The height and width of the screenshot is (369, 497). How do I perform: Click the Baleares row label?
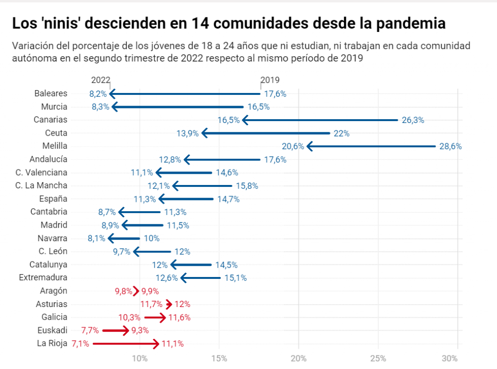tap(51, 93)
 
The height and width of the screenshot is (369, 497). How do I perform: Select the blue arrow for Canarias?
tap(320, 120)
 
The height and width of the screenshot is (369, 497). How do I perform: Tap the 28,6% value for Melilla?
tap(450, 146)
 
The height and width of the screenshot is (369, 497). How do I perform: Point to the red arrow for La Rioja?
tap(126, 344)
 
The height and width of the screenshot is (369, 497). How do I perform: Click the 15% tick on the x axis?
tap(219, 358)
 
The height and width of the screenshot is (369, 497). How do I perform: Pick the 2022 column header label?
tap(100, 80)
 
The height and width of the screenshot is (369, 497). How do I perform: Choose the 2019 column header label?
tap(270, 80)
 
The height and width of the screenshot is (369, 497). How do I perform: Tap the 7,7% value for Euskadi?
tap(90, 331)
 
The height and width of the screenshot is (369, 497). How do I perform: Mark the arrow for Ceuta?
tap(266, 133)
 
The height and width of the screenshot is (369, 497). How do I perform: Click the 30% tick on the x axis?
tap(450, 358)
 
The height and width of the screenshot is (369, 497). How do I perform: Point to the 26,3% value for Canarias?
tap(413, 120)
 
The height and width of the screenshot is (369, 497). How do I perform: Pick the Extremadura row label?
tap(43, 277)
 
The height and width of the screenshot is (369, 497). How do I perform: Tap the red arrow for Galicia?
tap(155, 318)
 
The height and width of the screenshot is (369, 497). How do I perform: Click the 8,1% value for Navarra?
tap(96, 238)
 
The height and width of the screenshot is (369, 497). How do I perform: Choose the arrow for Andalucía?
tap(222, 159)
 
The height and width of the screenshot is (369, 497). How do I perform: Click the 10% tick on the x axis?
tap(140, 358)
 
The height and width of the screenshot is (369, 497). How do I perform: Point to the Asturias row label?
tap(51, 304)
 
